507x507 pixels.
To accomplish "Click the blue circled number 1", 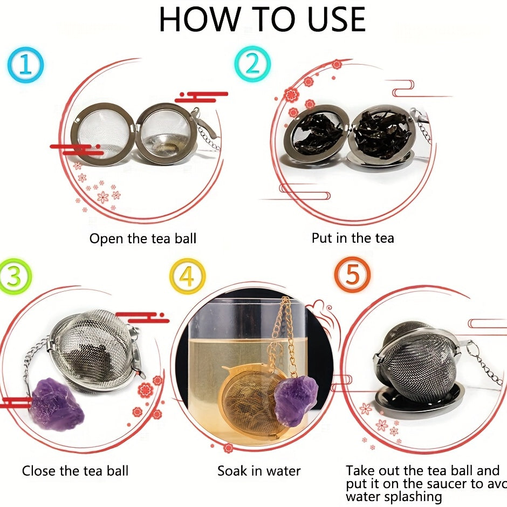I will [x=25, y=65].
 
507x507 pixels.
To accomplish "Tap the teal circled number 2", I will [x=251, y=64].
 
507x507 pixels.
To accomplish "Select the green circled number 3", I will [x=15, y=276].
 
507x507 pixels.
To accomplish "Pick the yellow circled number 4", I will [x=187, y=276].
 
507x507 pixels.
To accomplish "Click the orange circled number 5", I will [x=352, y=275].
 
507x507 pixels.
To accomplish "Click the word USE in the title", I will [x=329, y=20].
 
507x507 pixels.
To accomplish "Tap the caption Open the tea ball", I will [x=142, y=238].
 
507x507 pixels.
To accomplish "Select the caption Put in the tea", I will [x=353, y=238].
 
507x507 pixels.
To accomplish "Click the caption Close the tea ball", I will [x=75, y=471].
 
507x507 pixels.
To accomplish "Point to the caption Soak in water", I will [x=259, y=471].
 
